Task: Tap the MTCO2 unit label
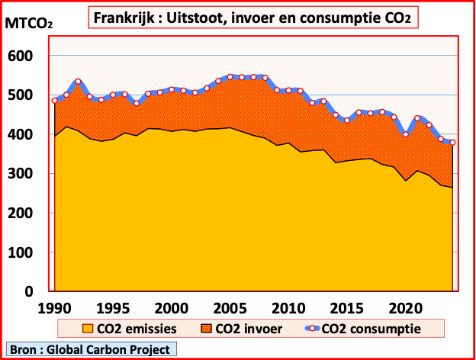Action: coord(29,23)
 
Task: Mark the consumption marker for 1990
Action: coord(55,101)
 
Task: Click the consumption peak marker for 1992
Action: coord(78,82)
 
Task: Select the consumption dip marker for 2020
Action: coord(406,134)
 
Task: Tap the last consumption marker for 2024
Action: coord(452,143)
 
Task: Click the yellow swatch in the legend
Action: coord(87,329)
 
